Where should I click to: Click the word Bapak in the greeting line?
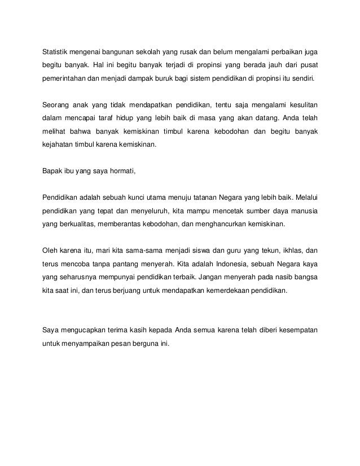(52, 170)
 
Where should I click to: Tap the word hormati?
(122, 170)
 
